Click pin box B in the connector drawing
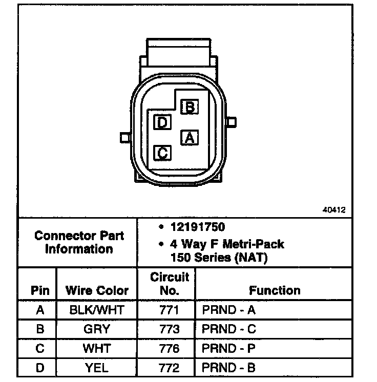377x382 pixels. (190, 107)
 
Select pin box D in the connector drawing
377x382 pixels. (162, 122)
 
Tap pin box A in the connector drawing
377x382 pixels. (190, 137)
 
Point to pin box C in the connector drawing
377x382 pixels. (162, 153)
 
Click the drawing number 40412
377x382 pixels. (334, 210)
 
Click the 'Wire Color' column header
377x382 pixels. (97, 291)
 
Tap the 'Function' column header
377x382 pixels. (275, 291)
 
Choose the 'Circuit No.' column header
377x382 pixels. (170, 284)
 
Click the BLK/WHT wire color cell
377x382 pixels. (97, 310)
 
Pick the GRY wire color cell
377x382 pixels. (97, 329)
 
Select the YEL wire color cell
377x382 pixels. (97, 367)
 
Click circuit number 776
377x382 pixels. (170, 348)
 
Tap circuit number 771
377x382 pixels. (170, 310)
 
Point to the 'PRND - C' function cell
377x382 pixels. (228, 329)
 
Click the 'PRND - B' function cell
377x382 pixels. (228, 367)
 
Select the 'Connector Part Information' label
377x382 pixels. (79, 243)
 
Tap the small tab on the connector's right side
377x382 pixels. (233, 122)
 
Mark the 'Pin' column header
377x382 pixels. (40, 291)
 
